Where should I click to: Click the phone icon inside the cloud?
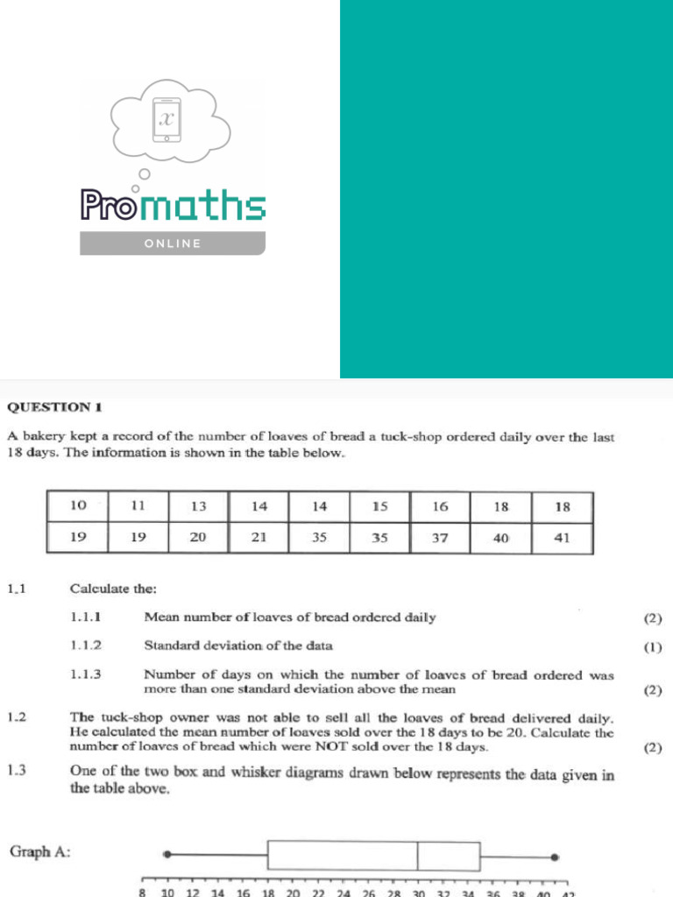tap(165, 117)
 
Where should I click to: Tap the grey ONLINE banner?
tap(173, 243)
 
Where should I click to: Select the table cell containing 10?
tap(78, 506)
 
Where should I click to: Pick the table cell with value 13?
tap(198, 506)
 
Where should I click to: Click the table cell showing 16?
tap(440, 506)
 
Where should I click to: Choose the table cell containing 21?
tap(259, 538)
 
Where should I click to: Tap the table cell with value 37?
tap(440, 538)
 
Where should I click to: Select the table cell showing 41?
tap(562, 538)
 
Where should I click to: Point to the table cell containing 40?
tap(500, 538)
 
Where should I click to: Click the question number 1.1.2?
tap(86, 646)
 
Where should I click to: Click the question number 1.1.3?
tap(86, 675)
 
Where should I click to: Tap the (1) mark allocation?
tap(653, 648)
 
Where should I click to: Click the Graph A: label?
tap(39, 851)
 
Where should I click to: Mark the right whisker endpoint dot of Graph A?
tap(555, 858)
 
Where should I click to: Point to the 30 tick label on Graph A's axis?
tap(418, 893)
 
